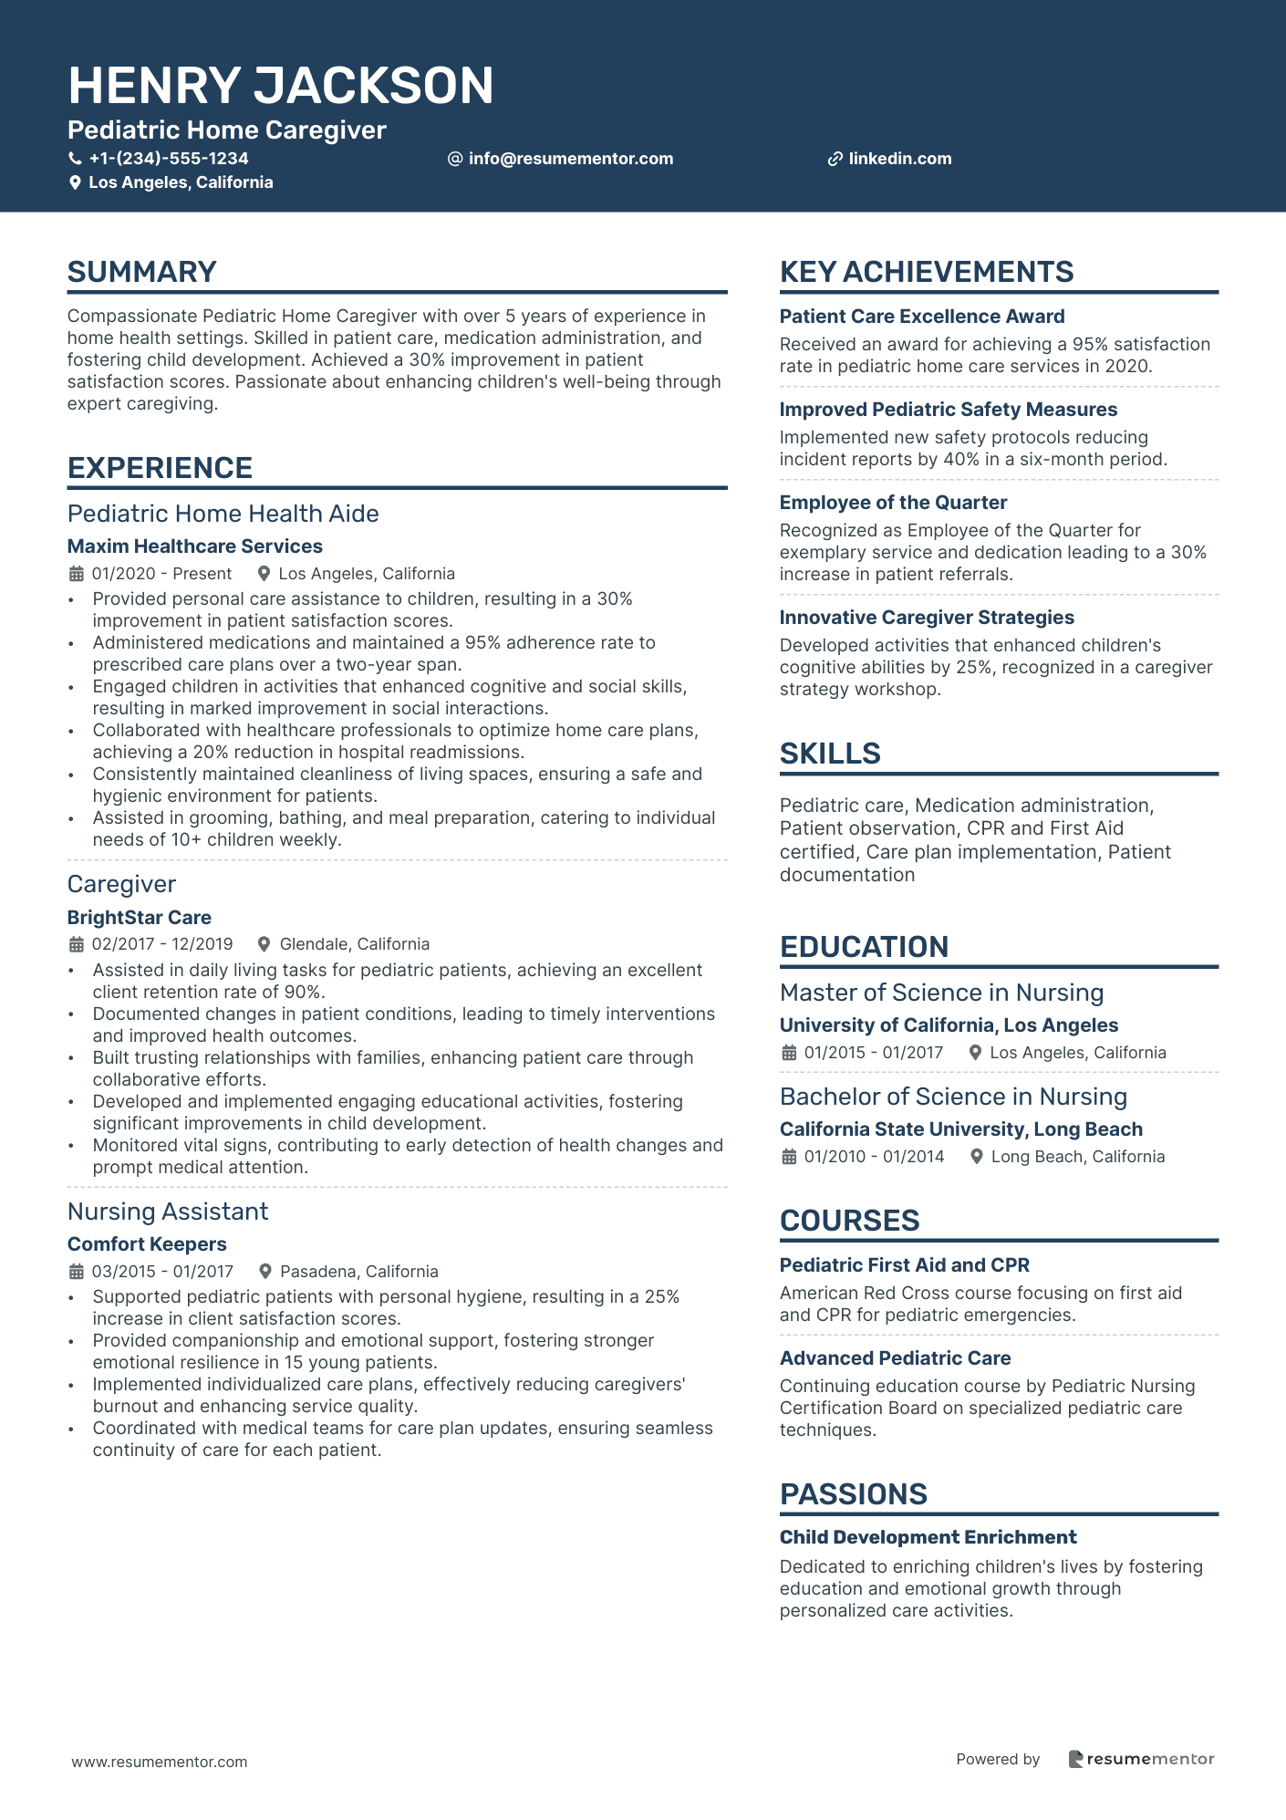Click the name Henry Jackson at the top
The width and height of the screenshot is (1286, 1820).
(281, 86)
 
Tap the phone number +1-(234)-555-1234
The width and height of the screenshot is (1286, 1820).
(169, 159)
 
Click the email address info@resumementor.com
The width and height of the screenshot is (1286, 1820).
(571, 159)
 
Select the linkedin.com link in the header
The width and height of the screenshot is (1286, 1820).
(899, 159)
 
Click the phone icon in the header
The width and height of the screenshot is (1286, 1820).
(76, 159)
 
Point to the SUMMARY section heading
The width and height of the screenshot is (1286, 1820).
(142, 272)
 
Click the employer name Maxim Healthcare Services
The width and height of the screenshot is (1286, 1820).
(195, 546)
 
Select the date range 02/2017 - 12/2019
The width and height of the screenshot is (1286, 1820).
(162, 944)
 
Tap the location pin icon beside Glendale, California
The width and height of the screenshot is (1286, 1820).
(264, 944)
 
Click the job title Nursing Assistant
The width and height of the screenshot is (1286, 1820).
(168, 1212)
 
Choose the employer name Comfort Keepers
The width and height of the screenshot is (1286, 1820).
(147, 1244)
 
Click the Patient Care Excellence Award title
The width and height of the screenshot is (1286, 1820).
(922, 317)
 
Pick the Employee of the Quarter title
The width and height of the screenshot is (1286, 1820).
(893, 503)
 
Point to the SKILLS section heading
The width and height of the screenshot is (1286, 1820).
(830, 754)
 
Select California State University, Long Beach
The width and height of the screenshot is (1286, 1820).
(960, 1129)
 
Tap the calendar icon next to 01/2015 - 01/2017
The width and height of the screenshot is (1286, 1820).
(789, 1053)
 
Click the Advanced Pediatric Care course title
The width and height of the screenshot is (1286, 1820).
(895, 1358)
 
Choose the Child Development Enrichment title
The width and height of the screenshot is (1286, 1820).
(928, 1537)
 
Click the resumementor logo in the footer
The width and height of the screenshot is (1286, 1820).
(1141, 1759)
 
